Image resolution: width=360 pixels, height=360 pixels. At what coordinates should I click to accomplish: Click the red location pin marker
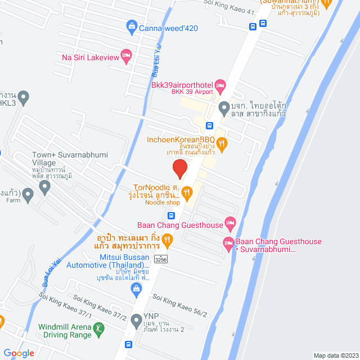179,168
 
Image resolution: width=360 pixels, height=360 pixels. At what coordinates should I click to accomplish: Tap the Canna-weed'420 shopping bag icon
131,25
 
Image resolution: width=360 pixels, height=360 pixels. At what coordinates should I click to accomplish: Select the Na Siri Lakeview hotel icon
126,55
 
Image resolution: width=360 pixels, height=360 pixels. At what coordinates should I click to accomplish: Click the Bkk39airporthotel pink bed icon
220,84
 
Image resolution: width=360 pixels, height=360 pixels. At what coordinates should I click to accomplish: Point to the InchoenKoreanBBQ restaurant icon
223,145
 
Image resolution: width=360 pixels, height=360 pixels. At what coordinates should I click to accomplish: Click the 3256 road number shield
161,259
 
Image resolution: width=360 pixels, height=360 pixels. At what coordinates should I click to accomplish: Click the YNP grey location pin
136,321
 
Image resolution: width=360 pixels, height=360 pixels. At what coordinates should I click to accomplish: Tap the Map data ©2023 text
335,355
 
